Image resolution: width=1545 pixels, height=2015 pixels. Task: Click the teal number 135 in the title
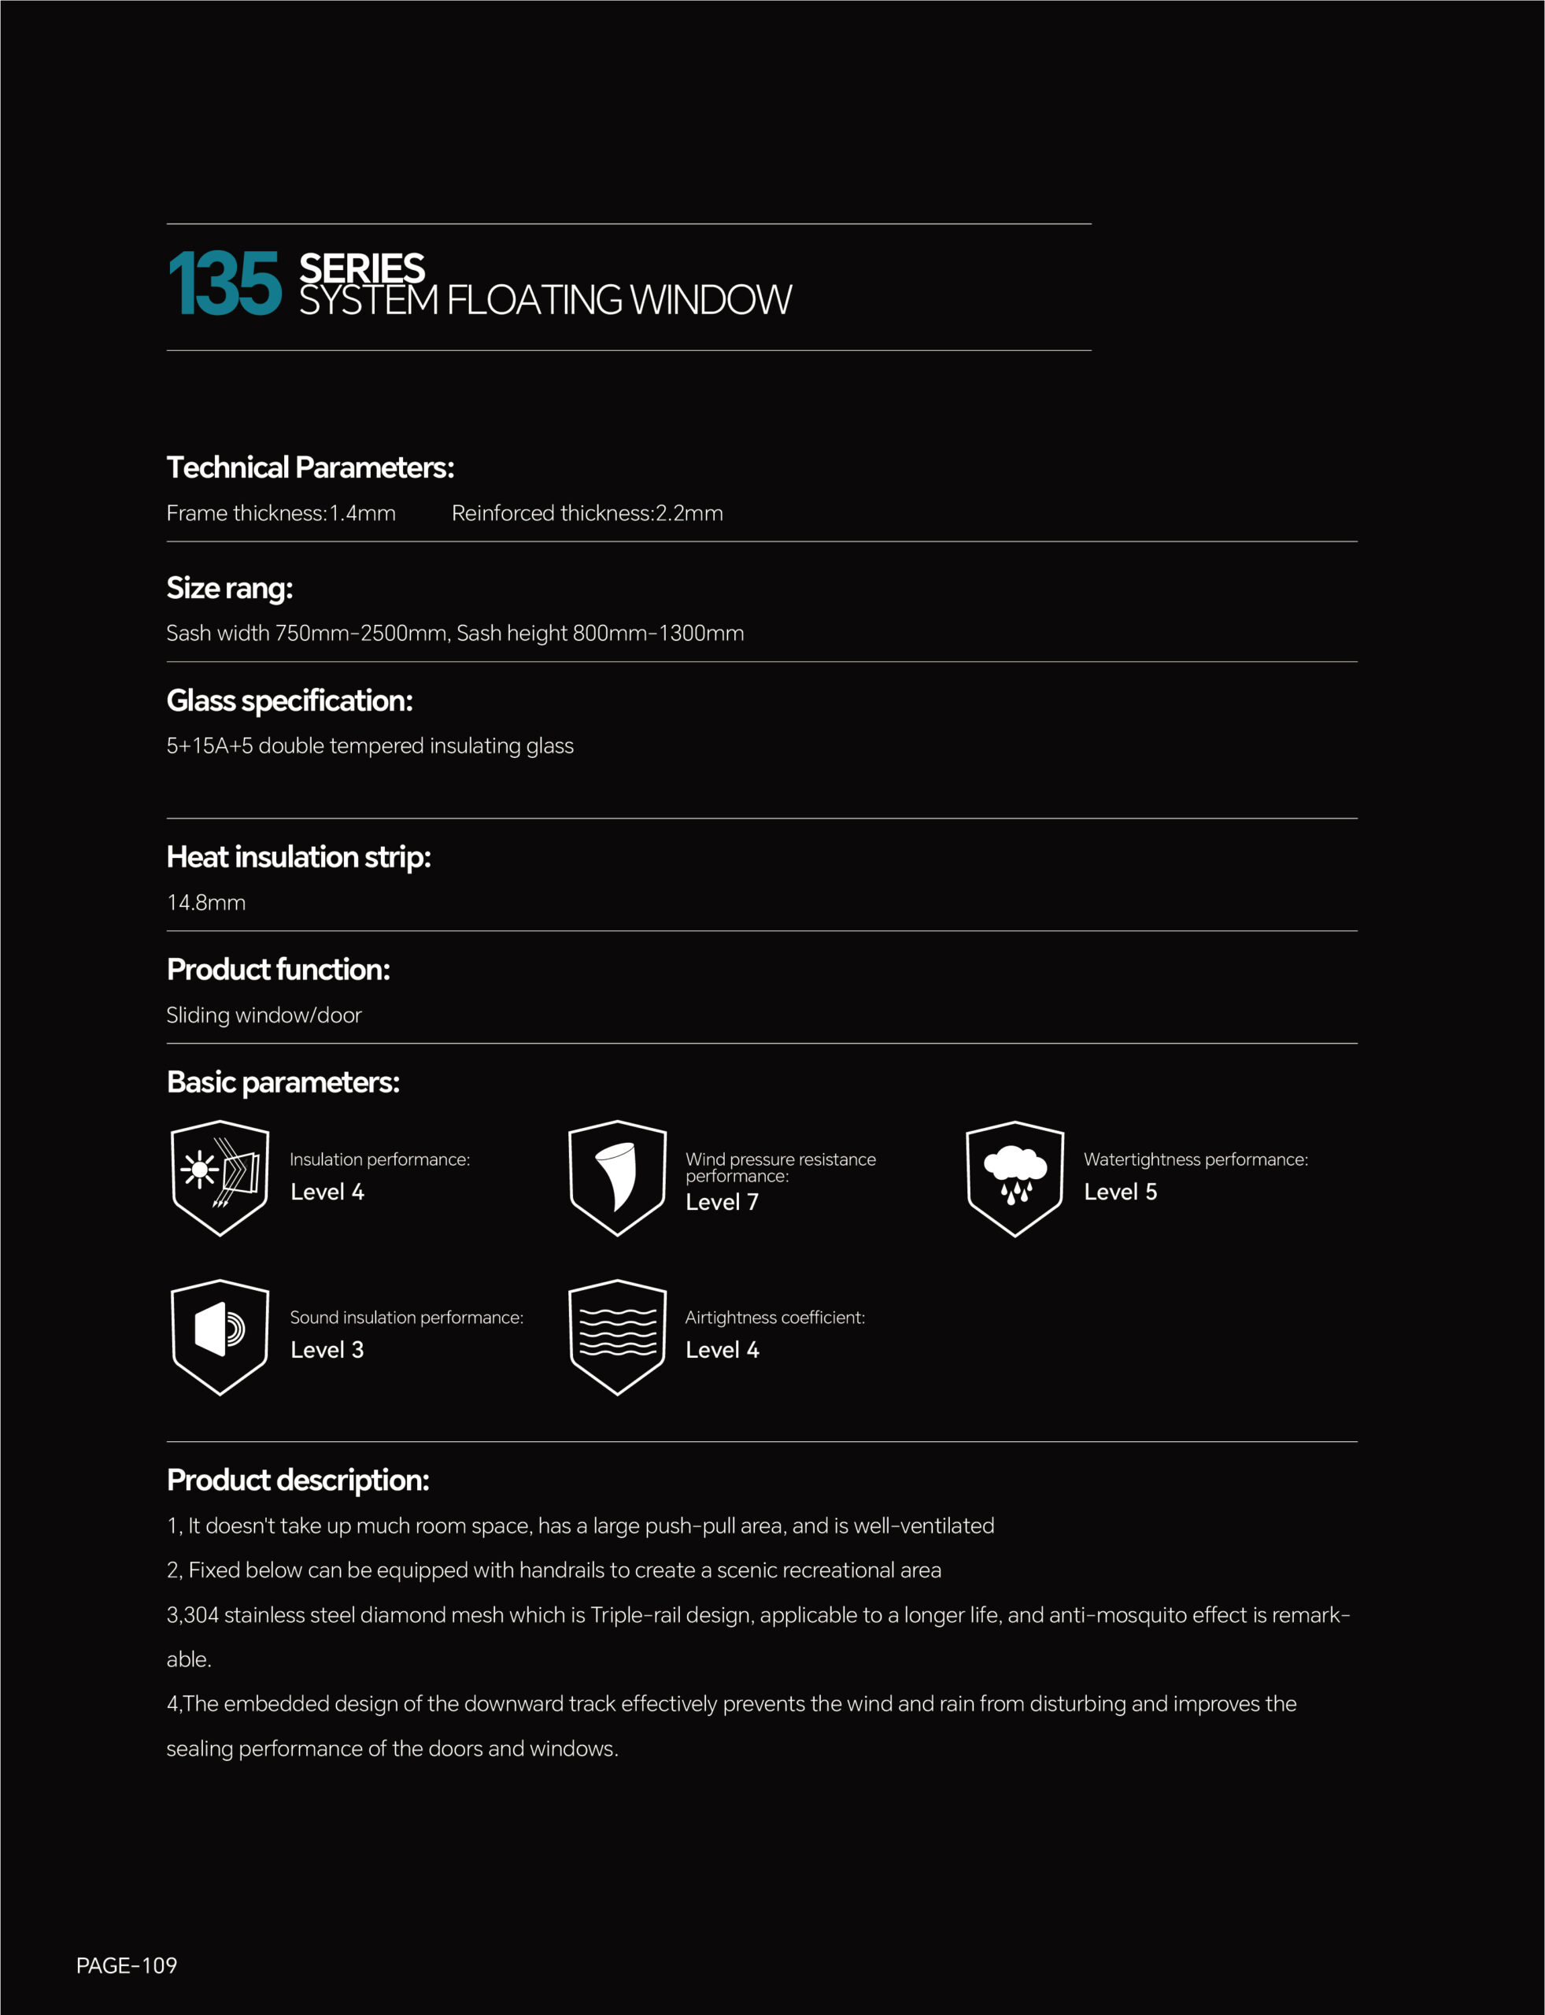click(224, 285)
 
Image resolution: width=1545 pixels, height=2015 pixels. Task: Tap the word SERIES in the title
click(361, 268)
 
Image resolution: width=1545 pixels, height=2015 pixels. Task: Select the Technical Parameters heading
click(310, 468)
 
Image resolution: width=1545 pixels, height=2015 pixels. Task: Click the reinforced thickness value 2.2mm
click(689, 513)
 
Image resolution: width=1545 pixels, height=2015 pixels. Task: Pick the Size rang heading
click(229, 588)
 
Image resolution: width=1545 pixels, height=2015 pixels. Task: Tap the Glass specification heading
click(289, 701)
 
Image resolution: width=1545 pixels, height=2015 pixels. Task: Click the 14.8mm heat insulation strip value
click(206, 902)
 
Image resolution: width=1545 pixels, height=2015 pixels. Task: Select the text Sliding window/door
click(264, 1015)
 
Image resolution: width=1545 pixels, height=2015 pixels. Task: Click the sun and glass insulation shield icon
click(220, 1178)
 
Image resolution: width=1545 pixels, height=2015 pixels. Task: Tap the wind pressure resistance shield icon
click(617, 1178)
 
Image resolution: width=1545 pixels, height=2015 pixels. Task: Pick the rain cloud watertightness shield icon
click(1015, 1178)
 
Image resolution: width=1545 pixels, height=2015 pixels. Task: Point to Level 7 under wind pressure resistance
click(722, 1202)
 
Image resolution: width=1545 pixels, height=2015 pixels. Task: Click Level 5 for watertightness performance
click(1120, 1192)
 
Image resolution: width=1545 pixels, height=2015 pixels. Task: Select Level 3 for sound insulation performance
click(327, 1350)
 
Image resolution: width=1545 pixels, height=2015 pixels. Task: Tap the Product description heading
click(298, 1480)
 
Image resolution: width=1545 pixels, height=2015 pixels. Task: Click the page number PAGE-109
click(127, 1965)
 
